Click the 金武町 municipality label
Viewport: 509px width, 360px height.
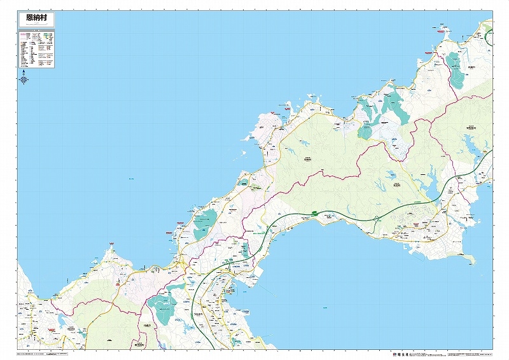tap(396, 185)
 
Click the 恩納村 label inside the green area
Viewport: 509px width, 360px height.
tap(307, 160)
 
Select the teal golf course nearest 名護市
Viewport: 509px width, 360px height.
tap(456, 69)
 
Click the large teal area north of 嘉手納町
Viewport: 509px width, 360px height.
tap(163, 307)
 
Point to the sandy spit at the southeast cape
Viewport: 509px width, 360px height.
tap(470, 259)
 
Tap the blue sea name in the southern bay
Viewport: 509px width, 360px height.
tap(324, 308)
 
